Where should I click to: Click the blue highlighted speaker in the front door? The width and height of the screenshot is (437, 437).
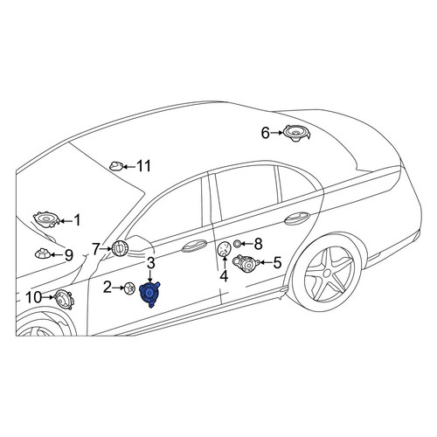point(149,294)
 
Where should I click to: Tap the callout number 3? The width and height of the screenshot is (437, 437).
point(151,263)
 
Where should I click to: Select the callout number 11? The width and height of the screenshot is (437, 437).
point(143,166)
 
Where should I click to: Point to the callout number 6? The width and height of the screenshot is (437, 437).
point(265,133)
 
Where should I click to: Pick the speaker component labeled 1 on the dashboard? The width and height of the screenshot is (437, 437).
point(46,219)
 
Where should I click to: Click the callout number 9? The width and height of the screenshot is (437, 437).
point(68,255)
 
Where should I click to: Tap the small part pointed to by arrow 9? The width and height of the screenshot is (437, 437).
point(43,253)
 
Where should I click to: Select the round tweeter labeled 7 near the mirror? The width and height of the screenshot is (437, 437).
point(119,248)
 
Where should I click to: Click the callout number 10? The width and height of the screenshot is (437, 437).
point(34,297)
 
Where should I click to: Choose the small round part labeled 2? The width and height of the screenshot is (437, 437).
point(129,288)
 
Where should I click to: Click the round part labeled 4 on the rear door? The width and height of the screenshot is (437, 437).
point(225,249)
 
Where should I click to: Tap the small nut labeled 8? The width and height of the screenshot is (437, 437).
point(238,243)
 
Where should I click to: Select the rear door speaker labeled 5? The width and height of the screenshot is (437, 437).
point(246,263)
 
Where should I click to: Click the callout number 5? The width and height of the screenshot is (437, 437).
point(277,262)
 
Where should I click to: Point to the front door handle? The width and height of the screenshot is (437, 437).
point(194,246)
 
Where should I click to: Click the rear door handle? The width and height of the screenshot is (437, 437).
point(297,218)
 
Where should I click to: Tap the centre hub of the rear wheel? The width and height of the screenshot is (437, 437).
point(327,274)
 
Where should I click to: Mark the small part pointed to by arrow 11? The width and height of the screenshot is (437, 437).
point(116,166)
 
